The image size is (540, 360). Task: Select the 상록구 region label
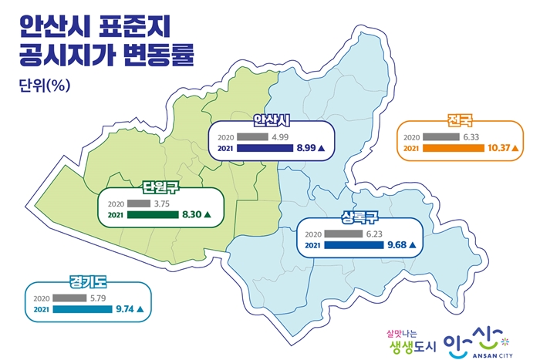tap(359, 216)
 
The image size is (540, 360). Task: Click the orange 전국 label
tap(458, 121)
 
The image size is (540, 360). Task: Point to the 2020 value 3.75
tap(162, 204)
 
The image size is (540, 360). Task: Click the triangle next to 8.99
tap(322, 147)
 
